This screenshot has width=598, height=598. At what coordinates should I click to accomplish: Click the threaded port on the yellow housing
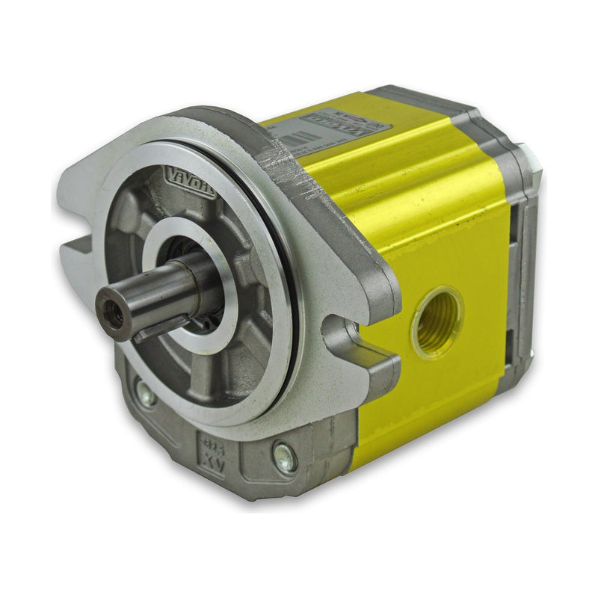click(437, 321)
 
